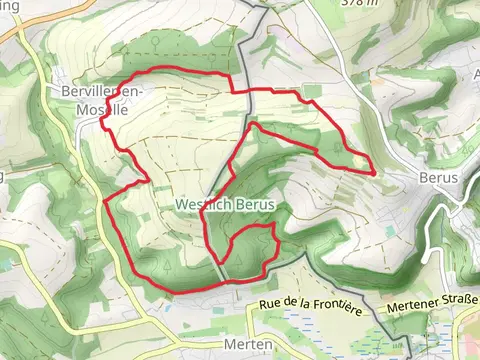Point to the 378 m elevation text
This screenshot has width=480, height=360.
tap(353, 4)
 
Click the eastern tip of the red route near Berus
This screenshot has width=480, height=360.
tap(375, 172)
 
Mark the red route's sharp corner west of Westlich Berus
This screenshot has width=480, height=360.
tap(105, 199)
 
